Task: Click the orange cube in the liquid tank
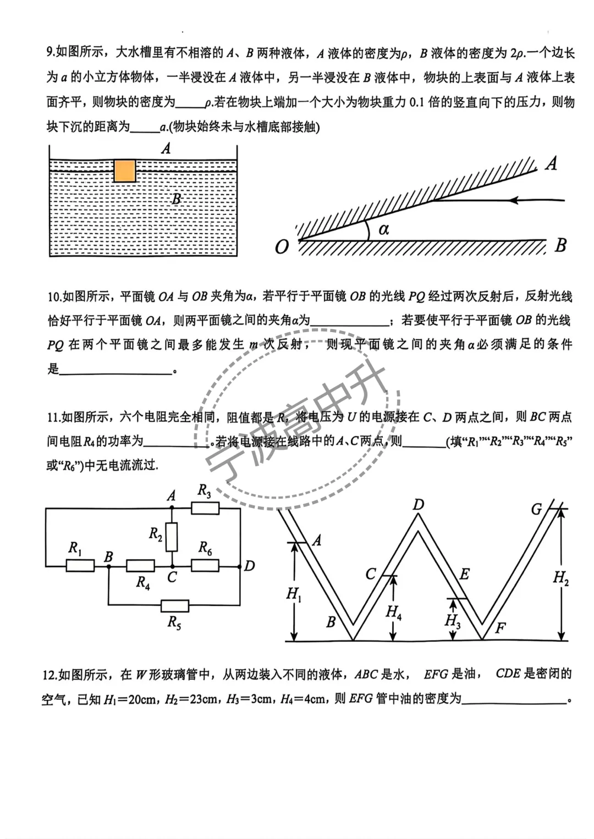coord(125,170)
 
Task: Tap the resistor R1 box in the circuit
coord(80,565)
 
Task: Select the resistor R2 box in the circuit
coord(172,537)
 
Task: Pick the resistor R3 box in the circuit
coord(205,508)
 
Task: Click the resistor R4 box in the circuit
coord(140,565)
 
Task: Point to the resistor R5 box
coord(175,606)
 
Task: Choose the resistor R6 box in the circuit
coord(205,565)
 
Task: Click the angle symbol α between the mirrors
coord(383,229)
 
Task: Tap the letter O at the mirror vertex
coord(282,247)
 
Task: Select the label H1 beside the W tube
coord(294,594)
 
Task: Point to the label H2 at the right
coord(560,577)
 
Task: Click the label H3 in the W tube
coord(452,621)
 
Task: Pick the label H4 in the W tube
coord(393,611)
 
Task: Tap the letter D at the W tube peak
coord(419,504)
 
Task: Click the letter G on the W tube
coord(536,510)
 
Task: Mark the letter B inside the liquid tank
coord(176,199)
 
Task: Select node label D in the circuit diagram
coord(249,566)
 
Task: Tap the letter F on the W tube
coord(500,628)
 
